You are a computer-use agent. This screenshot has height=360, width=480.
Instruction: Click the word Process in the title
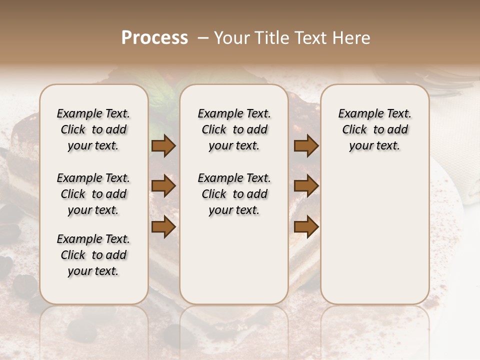point(154,38)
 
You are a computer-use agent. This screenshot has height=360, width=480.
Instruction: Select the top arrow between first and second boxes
point(163,146)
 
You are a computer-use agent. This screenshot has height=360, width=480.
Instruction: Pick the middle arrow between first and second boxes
point(163,186)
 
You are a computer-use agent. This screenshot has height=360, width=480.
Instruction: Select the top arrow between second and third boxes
point(306,146)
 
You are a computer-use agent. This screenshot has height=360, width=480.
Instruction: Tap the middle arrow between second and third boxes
point(306,186)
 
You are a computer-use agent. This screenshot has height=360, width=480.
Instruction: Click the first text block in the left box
point(93,129)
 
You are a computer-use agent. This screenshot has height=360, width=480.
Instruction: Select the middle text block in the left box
point(93,194)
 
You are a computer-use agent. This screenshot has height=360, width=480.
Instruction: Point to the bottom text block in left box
point(93,255)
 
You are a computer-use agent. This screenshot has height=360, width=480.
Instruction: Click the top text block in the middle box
point(234,129)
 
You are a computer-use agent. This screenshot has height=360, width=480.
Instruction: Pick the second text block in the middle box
point(234,194)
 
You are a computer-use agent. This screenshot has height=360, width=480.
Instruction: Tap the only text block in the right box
point(375,129)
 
